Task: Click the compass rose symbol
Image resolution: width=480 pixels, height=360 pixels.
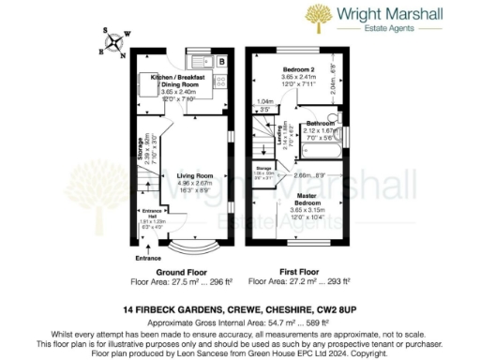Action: [112, 40]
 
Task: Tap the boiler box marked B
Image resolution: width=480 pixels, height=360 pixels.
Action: [220, 61]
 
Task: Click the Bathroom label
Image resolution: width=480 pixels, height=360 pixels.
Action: [321, 123]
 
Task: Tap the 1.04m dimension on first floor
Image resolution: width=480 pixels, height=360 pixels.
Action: [264, 101]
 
